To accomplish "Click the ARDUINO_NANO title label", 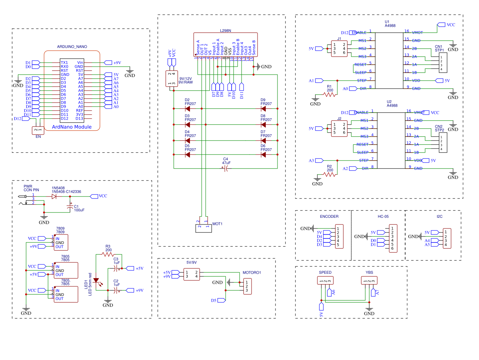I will pos(72,47).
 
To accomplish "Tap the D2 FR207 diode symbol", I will pos(187,108).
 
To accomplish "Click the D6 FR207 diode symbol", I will pos(263,155).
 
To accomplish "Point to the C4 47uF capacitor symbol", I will pos(226,169).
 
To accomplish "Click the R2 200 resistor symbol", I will pos(329,175).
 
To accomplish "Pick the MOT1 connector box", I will pos(203,228).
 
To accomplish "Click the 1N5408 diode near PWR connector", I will pos(54,197).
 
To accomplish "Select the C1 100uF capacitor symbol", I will pos(70,207).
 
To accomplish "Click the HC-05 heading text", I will pos(383,217).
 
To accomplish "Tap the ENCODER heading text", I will pos(329,217).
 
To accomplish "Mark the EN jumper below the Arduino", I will pos(38,130).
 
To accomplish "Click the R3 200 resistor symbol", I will pos(108,254).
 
